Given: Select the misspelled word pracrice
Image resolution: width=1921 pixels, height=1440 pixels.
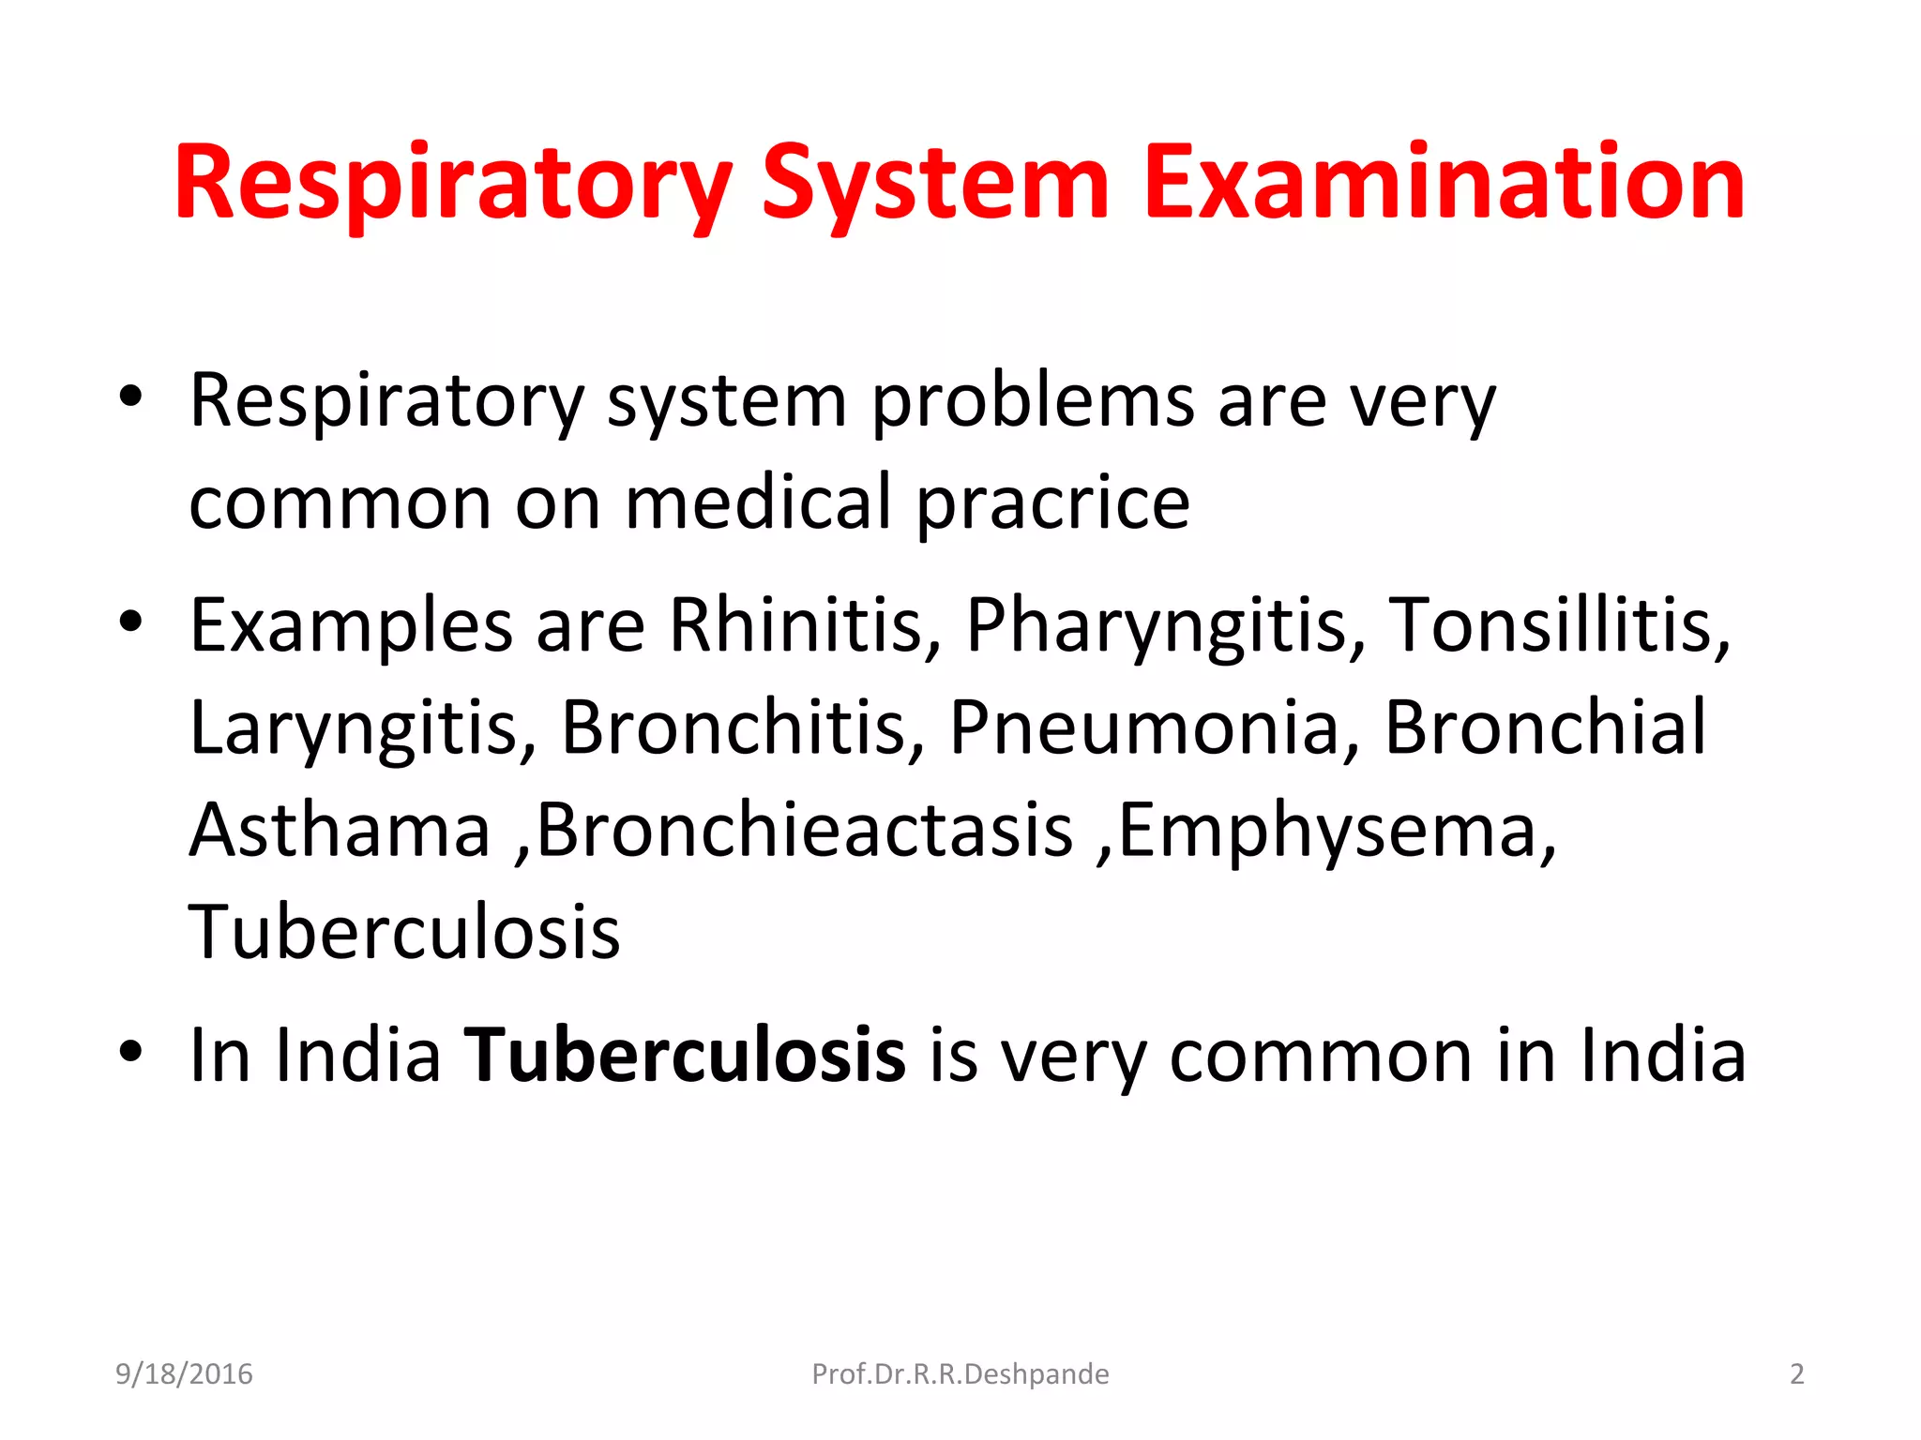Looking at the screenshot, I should pos(1052,503).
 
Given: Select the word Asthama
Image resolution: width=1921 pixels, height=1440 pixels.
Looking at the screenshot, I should pos(340,830).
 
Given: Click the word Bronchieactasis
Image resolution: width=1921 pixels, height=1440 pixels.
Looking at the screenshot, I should pos(805,830).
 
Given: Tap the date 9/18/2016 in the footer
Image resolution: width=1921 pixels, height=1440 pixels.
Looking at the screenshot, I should pos(184,1374).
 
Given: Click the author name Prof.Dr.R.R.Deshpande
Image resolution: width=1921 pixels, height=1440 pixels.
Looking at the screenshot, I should pos(960,1374).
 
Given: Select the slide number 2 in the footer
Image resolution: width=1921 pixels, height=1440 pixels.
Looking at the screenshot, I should pos(1796,1374).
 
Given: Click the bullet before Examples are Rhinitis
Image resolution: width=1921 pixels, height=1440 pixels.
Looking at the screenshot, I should pos(130,621).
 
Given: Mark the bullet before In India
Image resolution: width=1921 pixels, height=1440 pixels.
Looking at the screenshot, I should pos(130,1052).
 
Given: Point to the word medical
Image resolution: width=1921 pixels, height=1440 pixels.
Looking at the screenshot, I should pos(758,503).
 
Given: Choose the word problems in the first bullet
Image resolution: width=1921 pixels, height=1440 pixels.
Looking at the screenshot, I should pos(1032,401).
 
